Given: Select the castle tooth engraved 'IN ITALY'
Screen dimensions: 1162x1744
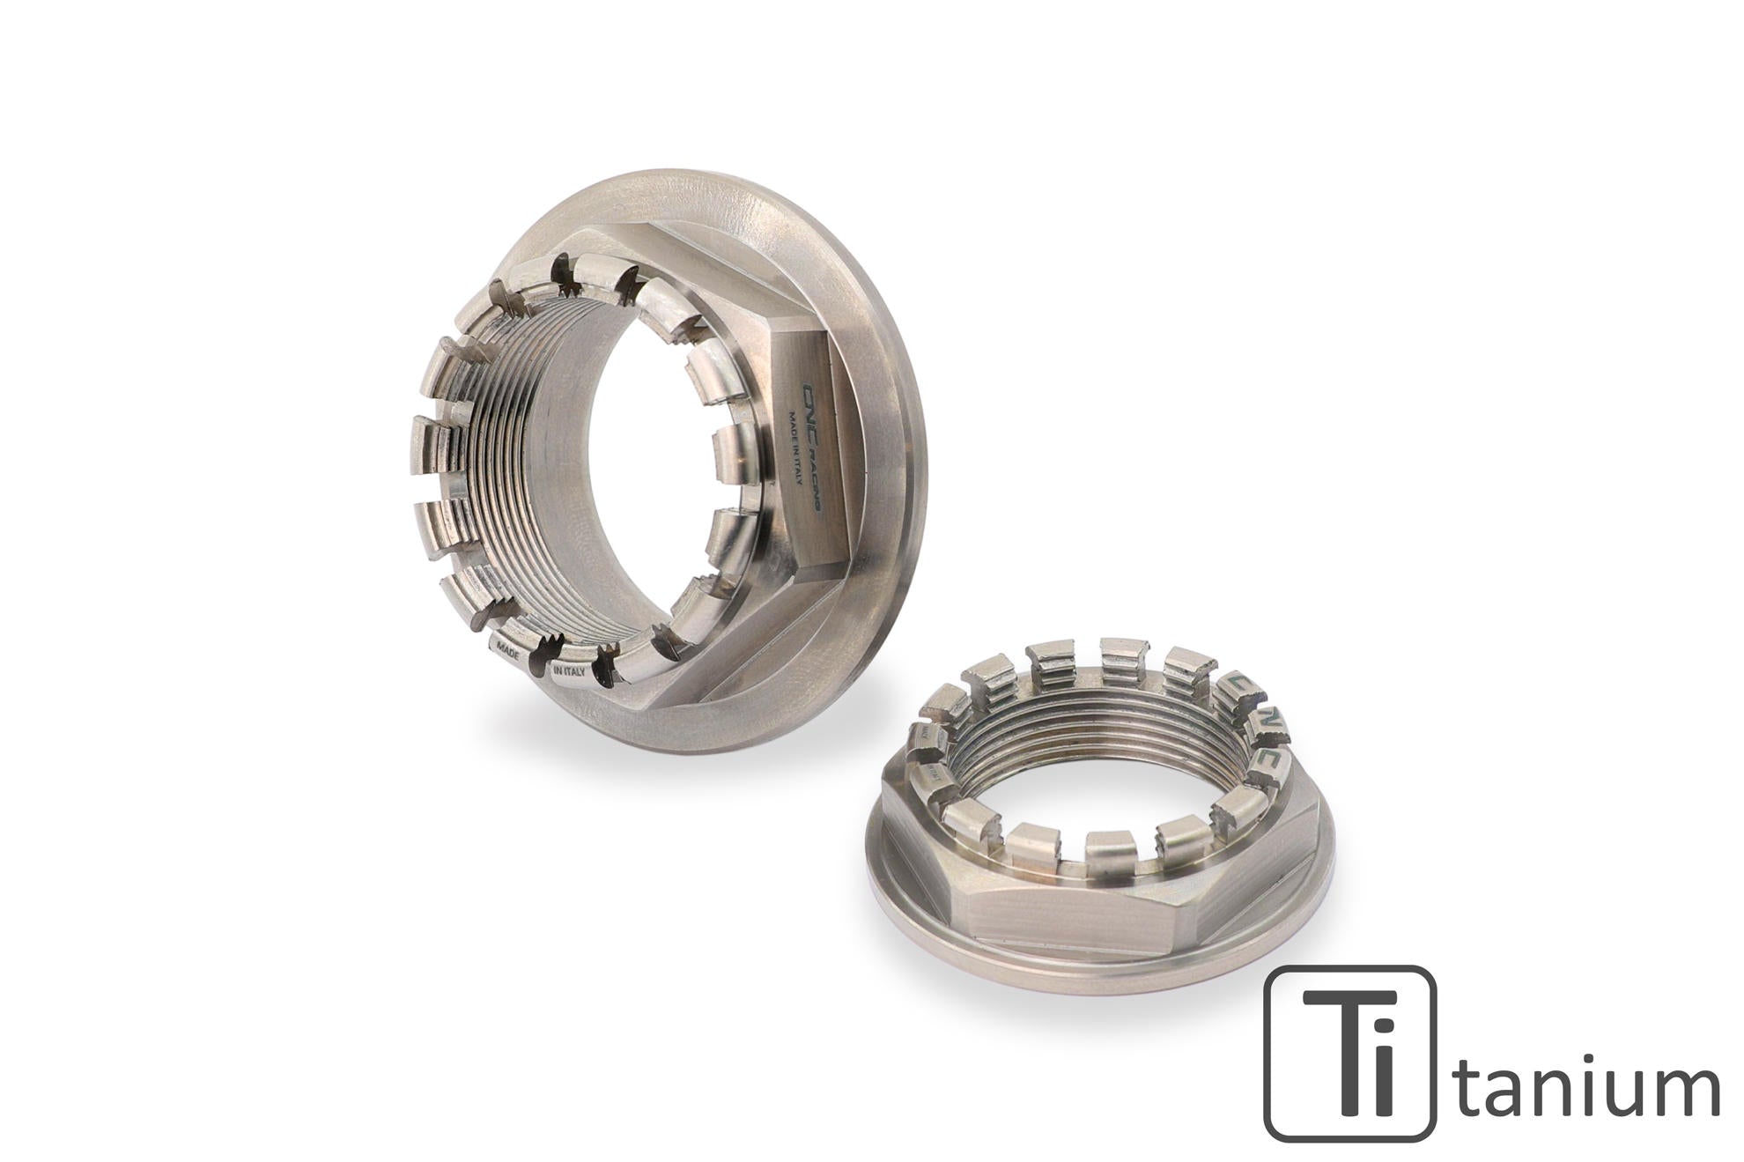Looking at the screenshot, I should [568, 673].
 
